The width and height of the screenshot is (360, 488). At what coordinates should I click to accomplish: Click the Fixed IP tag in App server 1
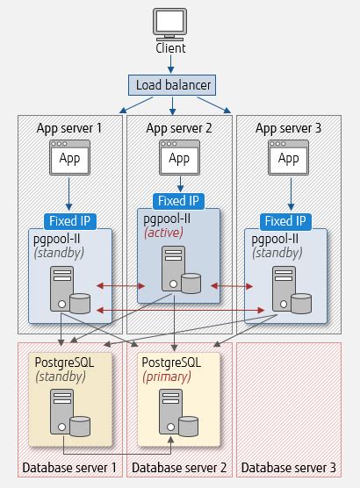pyautogui.click(x=69, y=221)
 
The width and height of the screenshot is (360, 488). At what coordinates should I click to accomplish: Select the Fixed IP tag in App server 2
pyautogui.click(x=178, y=201)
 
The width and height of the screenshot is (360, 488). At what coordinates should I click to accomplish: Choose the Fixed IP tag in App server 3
pyautogui.click(x=284, y=221)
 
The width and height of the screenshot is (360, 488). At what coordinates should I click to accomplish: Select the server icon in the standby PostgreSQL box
pyautogui.click(x=61, y=411)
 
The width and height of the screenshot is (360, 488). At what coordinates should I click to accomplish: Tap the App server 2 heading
pyautogui.click(x=179, y=128)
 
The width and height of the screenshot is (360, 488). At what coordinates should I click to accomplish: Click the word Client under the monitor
pyautogui.click(x=170, y=48)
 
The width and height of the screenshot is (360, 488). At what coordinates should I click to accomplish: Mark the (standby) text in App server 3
pyautogui.click(x=277, y=253)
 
